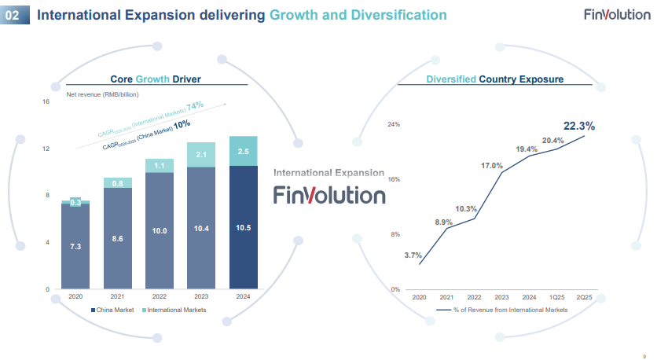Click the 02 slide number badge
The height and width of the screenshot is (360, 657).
pyautogui.click(x=14, y=15)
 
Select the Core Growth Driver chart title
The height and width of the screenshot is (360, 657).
pyautogui.click(x=156, y=79)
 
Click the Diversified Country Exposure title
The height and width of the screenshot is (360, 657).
pyautogui.click(x=494, y=79)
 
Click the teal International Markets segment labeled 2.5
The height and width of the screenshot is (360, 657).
pyautogui.click(x=243, y=151)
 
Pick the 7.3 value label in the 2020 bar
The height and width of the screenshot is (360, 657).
pyautogui.click(x=75, y=246)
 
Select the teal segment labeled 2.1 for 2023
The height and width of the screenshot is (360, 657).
pyautogui.click(x=200, y=155)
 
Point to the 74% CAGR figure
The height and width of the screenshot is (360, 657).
pyautogui.click(x=195, y=105)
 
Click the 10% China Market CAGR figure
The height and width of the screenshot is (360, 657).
pyautogui.click(x=183, y=123)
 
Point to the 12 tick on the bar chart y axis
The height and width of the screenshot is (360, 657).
pyautogui.click(x=46, y=149)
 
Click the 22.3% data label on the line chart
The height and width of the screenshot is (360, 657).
pyautogui.click(x=578, y=125)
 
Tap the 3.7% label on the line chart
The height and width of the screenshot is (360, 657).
pyautogui.click(x=413, y=255)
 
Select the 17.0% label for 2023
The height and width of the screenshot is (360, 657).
pyautogui.click(x=492, y=166)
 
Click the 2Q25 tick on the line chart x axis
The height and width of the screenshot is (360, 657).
pyautogui.click(x=584, y=297)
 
